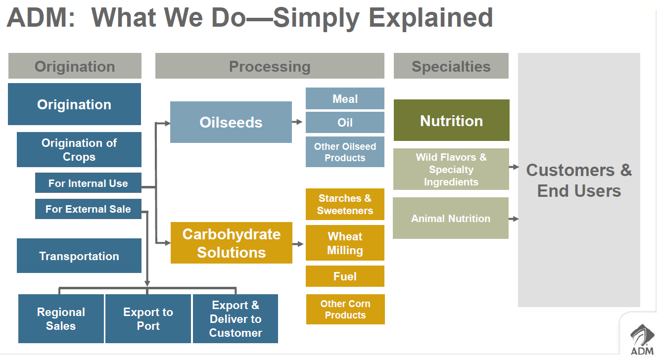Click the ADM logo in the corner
(x=642, y=340)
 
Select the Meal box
(x=345, y=98)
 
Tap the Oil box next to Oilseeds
(x=345, y=122)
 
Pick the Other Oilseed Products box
(x=345, y=152)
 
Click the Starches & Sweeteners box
(x=345, y=204)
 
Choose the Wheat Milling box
(x=345, y=243)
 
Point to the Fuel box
(x=345, y=276)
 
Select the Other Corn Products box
(x=345, y=309)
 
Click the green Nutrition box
(x=452, y=120)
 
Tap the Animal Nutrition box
(x=451, y=218)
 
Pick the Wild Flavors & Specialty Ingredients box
(x=451, y=169)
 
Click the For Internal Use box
(x=88, y=183)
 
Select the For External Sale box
(x=88, y=209)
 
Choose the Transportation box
(x=79, y=256)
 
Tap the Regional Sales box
(x=61, y=318)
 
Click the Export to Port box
(x=148, y=318)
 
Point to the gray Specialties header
(x=451, y=66)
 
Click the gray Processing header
(x=270, y=66)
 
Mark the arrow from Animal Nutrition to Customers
(x=514, y=219)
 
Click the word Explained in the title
(x=431, y=18)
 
